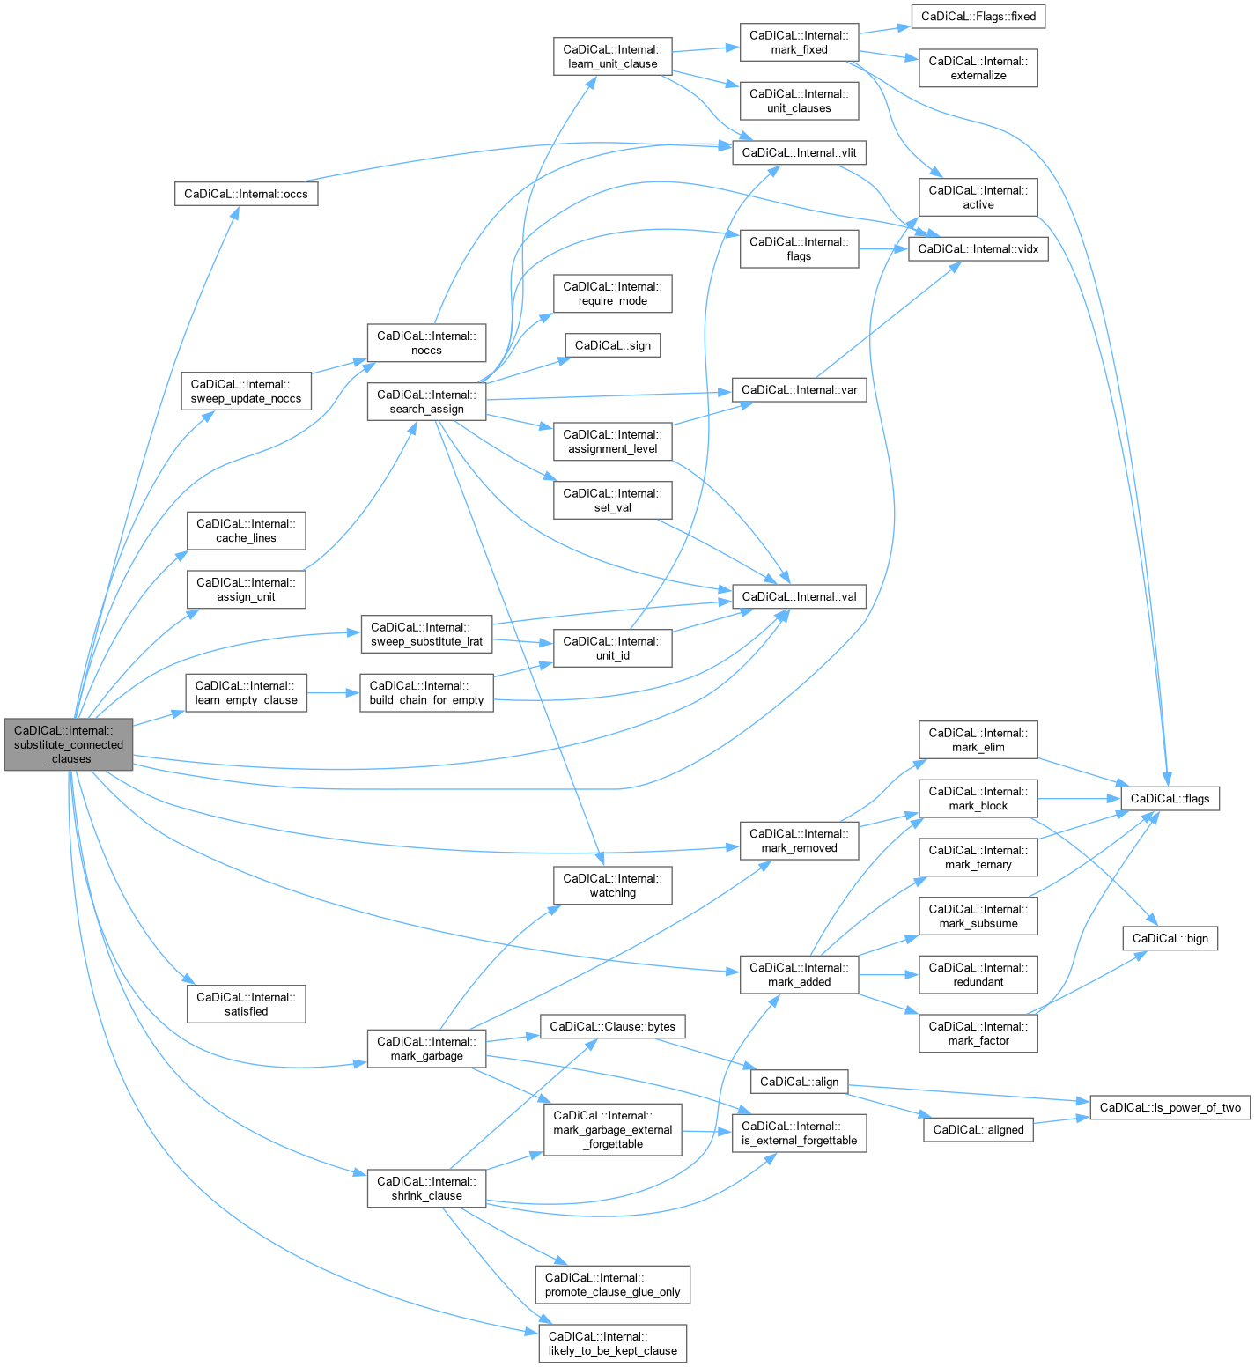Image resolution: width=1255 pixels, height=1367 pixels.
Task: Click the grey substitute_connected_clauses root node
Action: coord(69,744)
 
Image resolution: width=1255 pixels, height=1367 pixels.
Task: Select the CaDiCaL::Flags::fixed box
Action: coord(978,17)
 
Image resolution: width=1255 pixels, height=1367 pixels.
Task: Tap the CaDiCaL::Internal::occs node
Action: coord(246,194)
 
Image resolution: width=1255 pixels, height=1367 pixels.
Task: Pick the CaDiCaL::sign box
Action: coord(613,345)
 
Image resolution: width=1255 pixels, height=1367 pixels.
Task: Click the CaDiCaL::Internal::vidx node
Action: coord(978,249)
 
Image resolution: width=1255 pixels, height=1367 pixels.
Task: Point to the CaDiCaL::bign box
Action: coord(1170,938)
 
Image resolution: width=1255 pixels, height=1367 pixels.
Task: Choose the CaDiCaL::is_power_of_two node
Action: coord(1170,1107)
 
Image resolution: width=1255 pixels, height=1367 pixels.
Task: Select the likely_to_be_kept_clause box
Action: coord(613,1343)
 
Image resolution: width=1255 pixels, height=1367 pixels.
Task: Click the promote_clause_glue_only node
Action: coord(613,1284)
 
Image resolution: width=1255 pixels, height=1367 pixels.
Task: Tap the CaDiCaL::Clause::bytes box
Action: coord(613,1026)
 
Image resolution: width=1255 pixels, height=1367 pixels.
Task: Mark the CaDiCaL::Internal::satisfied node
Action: coord(247,1004)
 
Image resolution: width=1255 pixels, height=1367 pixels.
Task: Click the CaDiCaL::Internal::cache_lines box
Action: coord(247,530)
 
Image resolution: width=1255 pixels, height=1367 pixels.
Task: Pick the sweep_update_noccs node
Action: coord(247,391)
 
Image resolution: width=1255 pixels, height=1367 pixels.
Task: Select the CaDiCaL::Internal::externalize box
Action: coord(978,68)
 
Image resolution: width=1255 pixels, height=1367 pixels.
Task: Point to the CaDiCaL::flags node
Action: coord(1170,799)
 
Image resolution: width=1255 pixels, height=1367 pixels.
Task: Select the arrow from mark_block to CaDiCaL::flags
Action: coord(1078,799)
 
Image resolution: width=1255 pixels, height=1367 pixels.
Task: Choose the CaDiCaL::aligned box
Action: coord(978,1130)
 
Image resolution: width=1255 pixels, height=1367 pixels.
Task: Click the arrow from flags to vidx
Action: coord(883,249)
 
